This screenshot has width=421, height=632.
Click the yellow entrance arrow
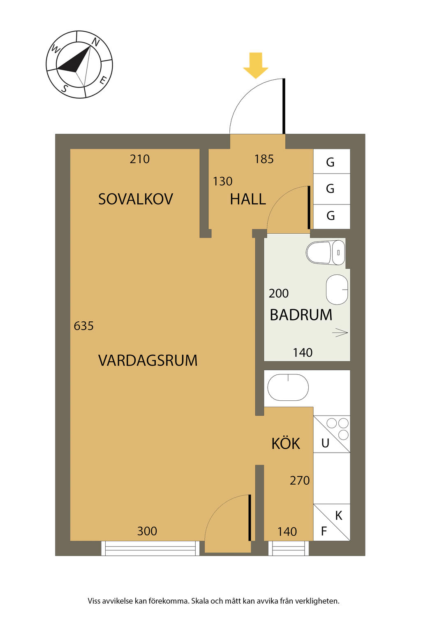pos(255,65)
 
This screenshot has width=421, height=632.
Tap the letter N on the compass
pos(96,42)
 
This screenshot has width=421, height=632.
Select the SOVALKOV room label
pos(135,199)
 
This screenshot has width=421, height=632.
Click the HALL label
pos(248,199)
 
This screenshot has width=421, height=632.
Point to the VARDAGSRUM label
pos(148,360)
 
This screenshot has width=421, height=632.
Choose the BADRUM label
pos(301,315)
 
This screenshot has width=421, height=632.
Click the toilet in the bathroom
pos(325,253)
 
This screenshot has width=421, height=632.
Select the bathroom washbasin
pos(337,290)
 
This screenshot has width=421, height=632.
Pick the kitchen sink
pos(288,387)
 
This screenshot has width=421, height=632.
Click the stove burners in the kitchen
pos(338,429)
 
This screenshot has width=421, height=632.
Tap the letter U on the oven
pos(325,443)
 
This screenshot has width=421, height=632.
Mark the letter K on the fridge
pos(339,516)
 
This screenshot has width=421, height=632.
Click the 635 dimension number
pos(83,326)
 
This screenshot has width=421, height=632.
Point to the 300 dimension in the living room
pos(147,531)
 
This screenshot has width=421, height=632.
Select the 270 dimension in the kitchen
pos(300,481)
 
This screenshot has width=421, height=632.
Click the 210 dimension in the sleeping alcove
pos(140,159)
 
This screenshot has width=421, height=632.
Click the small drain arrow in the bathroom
pos(340,333)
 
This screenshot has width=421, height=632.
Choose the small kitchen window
pos(289,548)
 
